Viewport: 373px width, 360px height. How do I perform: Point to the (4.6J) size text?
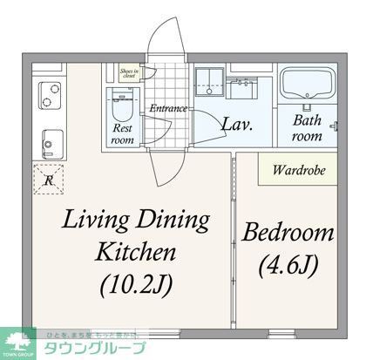tap(287, 262)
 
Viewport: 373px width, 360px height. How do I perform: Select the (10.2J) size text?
tap(136, 283)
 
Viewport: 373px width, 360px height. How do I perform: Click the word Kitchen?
tap(136, 253)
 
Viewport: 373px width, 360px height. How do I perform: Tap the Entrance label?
tap(169, 109)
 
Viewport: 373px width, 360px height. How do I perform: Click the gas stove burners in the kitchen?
tap(45, 92)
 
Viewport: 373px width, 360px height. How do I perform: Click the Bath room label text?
tap(306, 129)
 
